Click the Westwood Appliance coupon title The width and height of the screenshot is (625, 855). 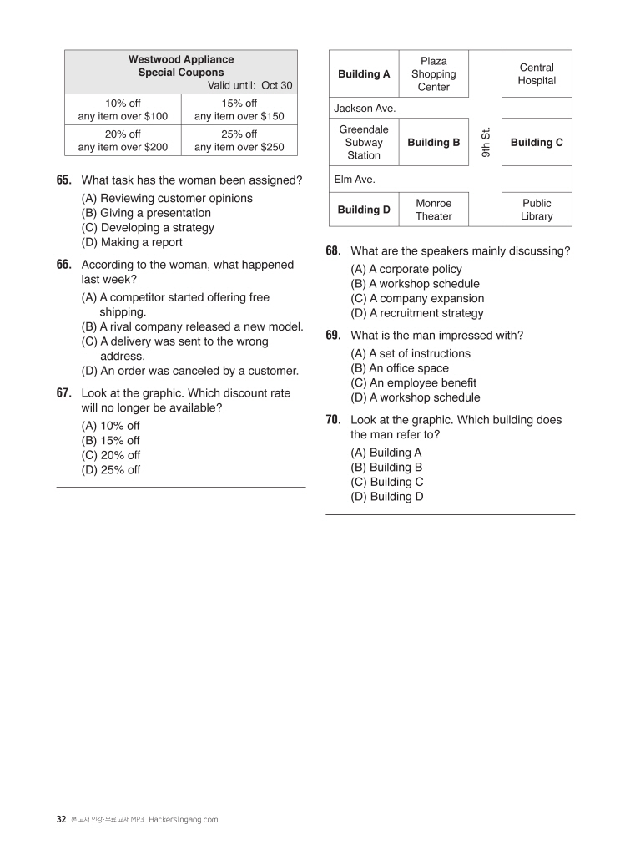(x=181, y=66)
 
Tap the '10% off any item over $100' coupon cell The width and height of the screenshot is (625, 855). (x=123, y=110)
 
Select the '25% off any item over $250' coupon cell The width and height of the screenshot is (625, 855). (x=239, y=140)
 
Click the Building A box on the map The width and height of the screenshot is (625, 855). (x=364, y=74)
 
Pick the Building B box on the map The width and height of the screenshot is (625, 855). (x=433, y=143)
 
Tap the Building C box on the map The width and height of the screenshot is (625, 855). (x=537, y=143)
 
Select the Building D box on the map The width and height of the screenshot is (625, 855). (x=364, y=210)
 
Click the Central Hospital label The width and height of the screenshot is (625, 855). (x=537, y=74)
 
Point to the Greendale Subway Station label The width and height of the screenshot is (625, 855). (x=364, y=143)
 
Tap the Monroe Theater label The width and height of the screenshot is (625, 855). (x=433, y=210)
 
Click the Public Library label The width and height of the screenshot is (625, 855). (x=537, y=210)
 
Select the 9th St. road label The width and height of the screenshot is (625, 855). (x=485, y=143)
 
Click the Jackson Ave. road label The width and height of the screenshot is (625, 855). (x=365, y=109)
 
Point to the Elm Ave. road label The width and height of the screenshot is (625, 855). (x=355, y=179)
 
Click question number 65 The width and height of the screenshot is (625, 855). (x=64, y=180)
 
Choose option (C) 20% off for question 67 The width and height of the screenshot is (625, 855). (x=111, y=455)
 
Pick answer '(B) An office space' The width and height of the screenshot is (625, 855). (x=400, y=368)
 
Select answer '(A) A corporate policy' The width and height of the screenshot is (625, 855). (x=406, y=270)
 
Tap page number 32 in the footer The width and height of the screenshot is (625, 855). (x=61, y=819)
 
